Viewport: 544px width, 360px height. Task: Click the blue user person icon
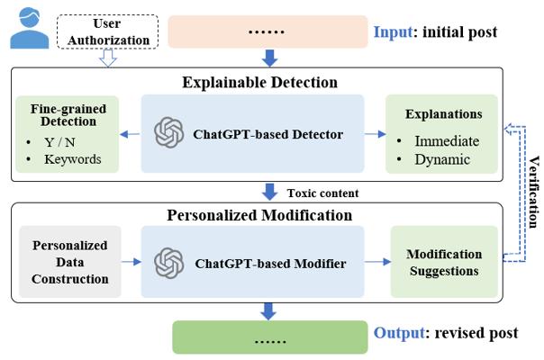[29, 28]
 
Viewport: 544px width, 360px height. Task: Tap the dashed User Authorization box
[107, 31]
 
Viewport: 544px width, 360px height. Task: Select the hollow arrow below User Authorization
[108, 58]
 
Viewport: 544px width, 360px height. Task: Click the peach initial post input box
[267, 31]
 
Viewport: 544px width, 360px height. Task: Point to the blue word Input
[393, 31]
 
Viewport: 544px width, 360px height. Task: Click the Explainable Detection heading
[260, 83]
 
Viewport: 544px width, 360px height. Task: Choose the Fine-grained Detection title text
[68, 115]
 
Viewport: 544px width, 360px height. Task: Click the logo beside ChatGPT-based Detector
[169, 133]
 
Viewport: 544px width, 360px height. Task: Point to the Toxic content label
[322, 193]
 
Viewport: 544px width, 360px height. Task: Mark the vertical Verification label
[534, 192]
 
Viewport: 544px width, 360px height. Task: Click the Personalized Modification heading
[259, 215]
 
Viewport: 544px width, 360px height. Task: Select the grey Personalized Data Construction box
[70, 262]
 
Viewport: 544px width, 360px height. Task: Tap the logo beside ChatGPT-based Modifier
[169, 263]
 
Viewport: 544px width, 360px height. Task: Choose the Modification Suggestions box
[444, 262]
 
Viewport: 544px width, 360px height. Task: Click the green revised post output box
[270, 337]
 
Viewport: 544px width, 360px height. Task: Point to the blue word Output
[399, 333]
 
